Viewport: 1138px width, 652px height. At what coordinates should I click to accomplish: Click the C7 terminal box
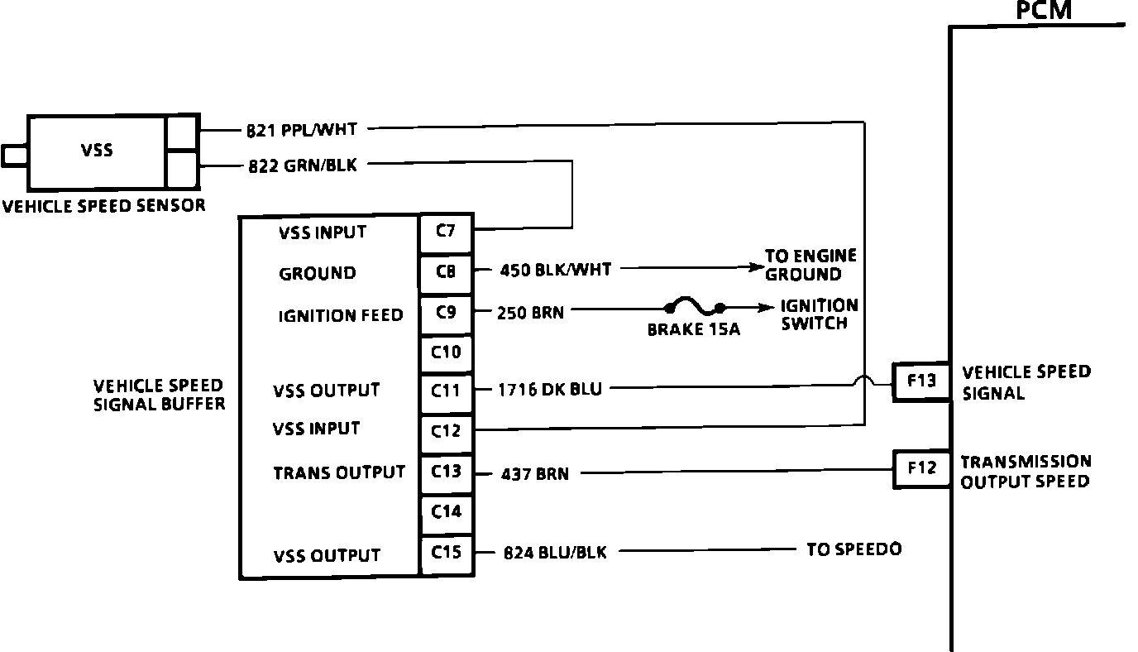click(446, 233)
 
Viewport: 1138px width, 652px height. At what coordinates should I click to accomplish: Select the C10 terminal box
click(446, 354)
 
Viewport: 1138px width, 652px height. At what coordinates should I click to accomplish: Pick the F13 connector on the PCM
click(920, 381)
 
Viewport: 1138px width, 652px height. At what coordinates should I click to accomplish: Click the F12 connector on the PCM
click(920, 468)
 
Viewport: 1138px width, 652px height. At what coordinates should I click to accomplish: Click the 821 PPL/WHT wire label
click(301, 129)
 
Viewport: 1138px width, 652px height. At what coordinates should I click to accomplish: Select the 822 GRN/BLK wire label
click(303, 165)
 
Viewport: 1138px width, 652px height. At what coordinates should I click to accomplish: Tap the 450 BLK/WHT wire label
click(556, 269)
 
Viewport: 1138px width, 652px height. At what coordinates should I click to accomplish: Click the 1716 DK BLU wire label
click(549, 389)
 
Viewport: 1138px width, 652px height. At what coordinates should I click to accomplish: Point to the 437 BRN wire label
click(534, 474)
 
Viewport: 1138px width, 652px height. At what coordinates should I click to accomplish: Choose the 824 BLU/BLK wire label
click(555, 553)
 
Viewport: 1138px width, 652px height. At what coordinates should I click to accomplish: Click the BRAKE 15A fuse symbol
click(693, 309)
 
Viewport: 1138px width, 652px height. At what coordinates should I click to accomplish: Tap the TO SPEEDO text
click(853, 549)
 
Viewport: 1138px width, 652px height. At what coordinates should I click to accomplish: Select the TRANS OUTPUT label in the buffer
click(339, 472)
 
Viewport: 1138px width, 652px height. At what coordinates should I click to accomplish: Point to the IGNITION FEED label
click(341, 315)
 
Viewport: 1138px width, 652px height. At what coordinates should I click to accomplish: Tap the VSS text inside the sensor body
click(98, 151)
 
